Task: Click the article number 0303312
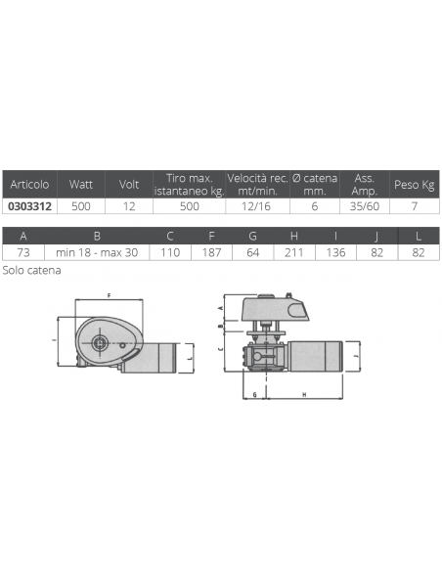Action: (x=30, y=206)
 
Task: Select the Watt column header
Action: (x=81, y=184)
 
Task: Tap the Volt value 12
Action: (x=129, y=206)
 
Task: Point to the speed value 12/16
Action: (x=256, y=206)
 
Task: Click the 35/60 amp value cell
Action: (x=365, y=206)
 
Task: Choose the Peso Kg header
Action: (x=415, y=185)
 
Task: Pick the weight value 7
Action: (x=415, y=206)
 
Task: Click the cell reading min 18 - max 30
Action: (x=97, y=252)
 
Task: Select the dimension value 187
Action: (x=211, y=252)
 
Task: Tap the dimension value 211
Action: (x=293, y=252)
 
